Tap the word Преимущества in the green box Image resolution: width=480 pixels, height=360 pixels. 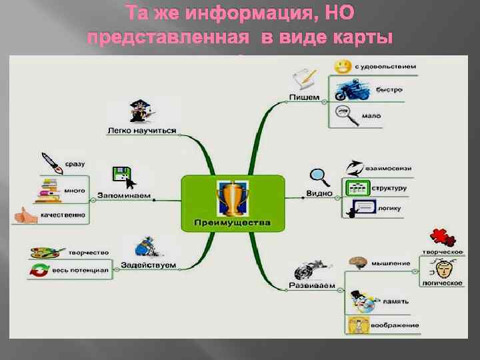coord(233,222)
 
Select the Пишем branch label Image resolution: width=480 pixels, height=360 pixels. coord(304,97)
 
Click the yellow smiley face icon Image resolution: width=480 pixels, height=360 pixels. coord(343,67)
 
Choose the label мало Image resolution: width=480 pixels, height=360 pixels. coord(371,115)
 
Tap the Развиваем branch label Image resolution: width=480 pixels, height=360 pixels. coord(307,286)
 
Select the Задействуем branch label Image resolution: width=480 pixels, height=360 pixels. coord(148,265)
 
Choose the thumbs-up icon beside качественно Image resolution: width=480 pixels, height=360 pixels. coord(25,215)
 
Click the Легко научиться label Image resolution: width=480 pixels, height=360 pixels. coord(141,131)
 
